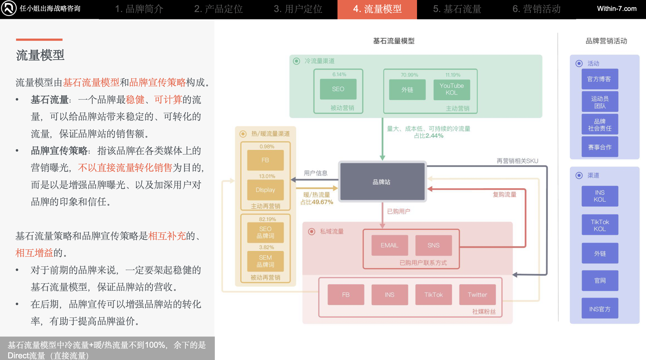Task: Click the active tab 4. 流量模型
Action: (377, 9)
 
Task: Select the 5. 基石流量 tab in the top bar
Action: (457, 9)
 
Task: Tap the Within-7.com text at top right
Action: (616, 9)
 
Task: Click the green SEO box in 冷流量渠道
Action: (338, 89)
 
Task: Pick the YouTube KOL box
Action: (451, 89)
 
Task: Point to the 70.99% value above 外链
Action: (409, 75)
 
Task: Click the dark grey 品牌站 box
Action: (382, 182)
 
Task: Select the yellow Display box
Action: (265, 190)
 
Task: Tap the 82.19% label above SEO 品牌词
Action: (267, 219)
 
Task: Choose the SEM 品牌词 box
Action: (265, 261)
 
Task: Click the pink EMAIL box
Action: (389, 245)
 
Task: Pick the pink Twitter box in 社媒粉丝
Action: (477, 295)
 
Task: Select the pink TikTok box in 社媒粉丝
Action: (433, 295)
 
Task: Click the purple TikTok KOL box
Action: (600, 225)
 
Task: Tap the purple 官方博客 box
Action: (600, 79)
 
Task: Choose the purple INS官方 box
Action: (600, 309)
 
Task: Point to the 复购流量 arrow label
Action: (504, 194)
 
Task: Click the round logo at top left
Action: (9, 8)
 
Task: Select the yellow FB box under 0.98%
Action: (265, 160)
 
